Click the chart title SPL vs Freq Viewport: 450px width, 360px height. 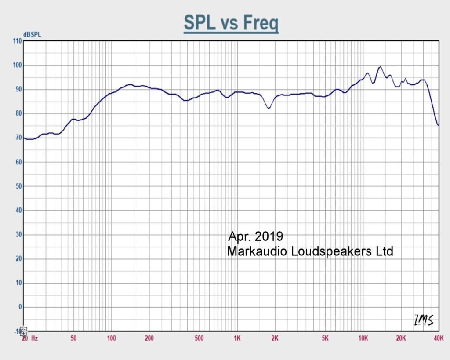click(231, 22)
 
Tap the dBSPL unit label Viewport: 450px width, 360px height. click(32, 35)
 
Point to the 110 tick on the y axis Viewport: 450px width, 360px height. click(17, 41)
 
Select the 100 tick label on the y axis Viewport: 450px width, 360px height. click(17, 65)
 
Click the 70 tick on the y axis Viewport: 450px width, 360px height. click(18, 138)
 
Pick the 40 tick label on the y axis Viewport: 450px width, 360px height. click(18, 210)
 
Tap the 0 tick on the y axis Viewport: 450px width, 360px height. click(20, 307)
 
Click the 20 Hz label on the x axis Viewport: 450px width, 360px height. click(30, 338)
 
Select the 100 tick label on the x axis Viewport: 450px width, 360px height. click(111, 338)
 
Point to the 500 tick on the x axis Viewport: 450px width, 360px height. click(199, 338)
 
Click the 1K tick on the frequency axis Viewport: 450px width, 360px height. click(237, 338)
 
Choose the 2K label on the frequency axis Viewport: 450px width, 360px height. click(275, 338)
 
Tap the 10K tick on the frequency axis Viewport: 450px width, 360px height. click(363, 338)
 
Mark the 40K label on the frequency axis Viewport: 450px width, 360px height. click(438, 338)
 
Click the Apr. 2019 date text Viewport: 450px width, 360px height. click(256, 236)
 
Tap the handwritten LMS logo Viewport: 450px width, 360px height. click(424, 320)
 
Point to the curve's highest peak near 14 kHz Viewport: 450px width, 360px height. click(380, 67)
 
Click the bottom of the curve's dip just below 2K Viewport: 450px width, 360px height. click(269, 108)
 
